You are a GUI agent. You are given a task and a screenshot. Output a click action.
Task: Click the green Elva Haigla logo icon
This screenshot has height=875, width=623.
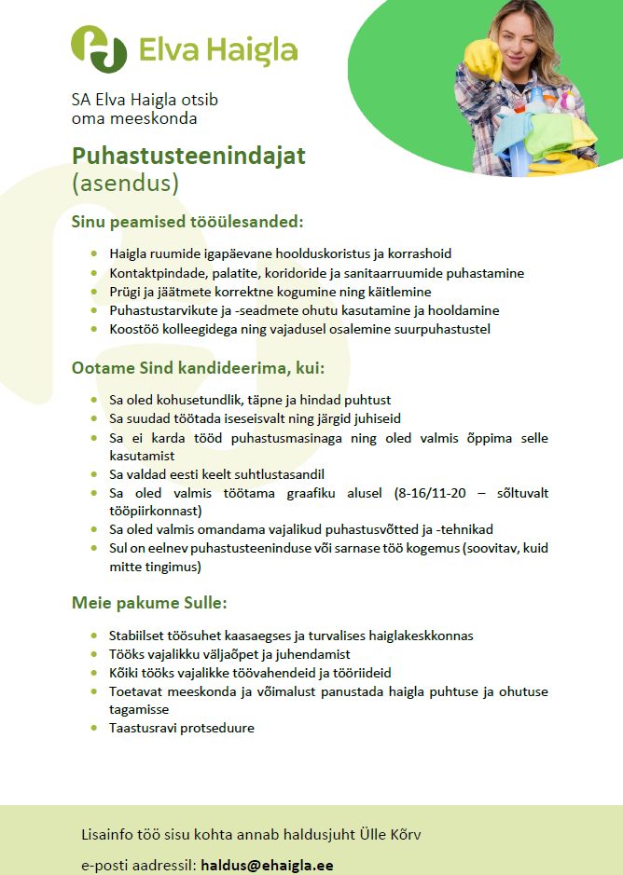[100, 48]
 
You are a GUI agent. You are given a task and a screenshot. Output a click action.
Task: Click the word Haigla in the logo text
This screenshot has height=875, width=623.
[253, 49]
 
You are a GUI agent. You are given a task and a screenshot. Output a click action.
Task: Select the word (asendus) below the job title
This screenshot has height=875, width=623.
[125, 183]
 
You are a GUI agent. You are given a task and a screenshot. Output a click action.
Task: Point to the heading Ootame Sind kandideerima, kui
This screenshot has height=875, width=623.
[197, 368]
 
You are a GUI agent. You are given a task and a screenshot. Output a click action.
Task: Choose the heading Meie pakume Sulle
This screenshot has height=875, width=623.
[149, 602]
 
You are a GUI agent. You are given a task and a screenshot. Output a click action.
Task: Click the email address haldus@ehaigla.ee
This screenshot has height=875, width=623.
[268, 865]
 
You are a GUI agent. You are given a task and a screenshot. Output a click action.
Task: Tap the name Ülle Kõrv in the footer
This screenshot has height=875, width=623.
[396, 833]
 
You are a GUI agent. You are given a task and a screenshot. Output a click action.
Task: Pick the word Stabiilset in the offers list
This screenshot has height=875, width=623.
[139, 636]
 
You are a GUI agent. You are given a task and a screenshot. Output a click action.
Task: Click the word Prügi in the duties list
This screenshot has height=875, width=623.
[125, 292]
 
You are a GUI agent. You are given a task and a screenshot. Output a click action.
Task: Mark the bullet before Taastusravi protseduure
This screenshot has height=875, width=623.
[93, 728]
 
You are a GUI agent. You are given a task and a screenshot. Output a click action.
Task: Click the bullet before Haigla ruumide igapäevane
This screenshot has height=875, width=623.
[93, 253]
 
